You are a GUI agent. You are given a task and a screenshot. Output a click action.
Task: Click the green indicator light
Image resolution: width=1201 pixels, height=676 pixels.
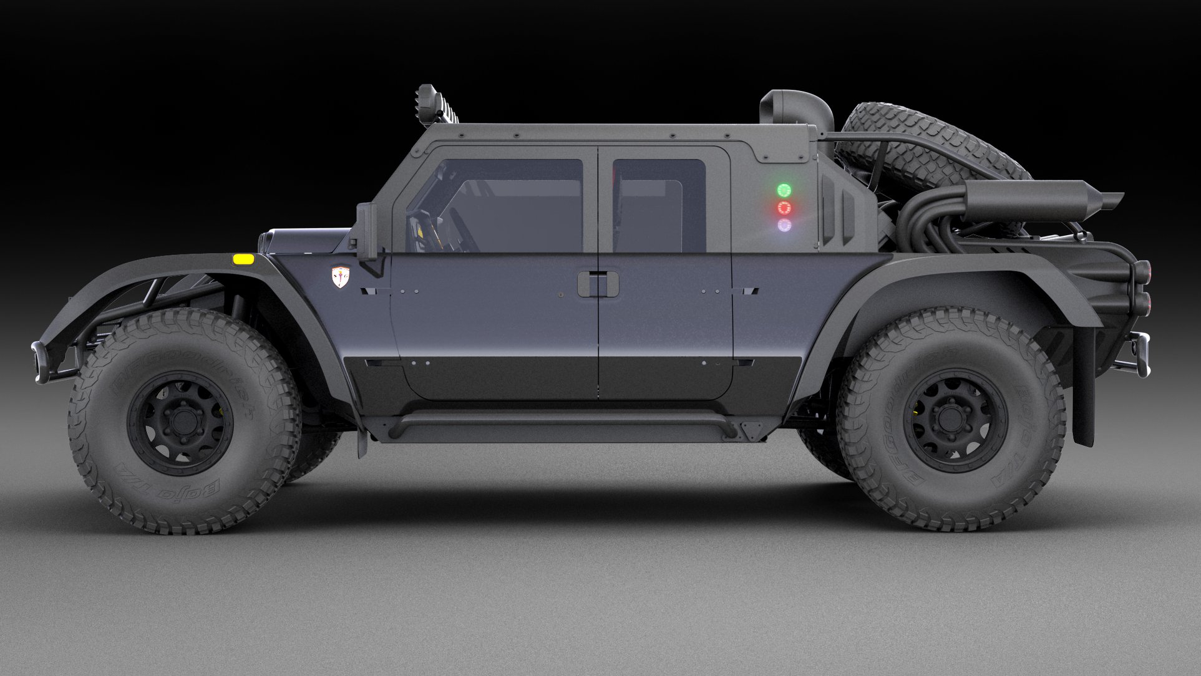(x=784, y=190)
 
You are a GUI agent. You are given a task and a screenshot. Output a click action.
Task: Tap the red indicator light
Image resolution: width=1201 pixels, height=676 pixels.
(x=784, y=208)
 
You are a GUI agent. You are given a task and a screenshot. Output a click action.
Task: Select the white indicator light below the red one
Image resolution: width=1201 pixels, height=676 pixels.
(x=784, y=225)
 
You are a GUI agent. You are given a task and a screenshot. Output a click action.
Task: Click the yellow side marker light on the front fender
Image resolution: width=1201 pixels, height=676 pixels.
(x=243, y=258)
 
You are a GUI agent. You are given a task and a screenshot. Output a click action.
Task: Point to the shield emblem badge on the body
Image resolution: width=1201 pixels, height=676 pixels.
(x=340, y=276)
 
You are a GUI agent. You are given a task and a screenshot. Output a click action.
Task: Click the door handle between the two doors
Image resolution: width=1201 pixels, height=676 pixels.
(x=598, y=284)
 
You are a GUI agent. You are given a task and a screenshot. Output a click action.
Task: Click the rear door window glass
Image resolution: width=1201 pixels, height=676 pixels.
(x=659, y=206)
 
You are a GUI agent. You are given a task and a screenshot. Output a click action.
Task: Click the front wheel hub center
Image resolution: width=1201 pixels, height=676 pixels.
(x=181, y=422)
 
